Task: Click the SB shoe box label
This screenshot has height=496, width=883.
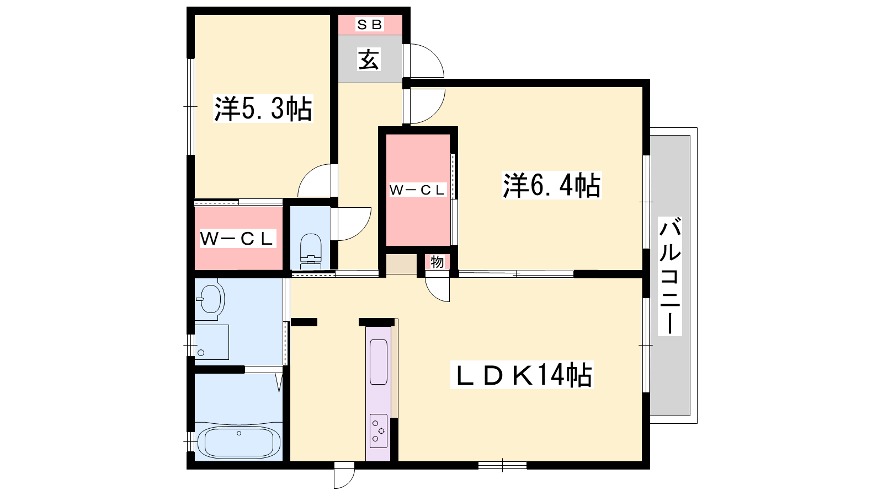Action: pos(369,25)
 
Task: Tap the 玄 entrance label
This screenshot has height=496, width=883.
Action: pos(369,60)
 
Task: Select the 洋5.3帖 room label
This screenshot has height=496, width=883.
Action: pos(263,108)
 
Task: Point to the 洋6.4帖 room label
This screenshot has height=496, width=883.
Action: pos(551,185)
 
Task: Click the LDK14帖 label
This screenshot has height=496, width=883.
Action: pos(522,375)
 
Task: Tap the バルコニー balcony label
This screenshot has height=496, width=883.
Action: pos(670,276)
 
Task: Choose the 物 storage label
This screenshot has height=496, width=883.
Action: pos(437,262)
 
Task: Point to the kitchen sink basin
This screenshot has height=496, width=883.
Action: pos(379,362)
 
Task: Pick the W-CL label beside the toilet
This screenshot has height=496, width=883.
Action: pos(237,239)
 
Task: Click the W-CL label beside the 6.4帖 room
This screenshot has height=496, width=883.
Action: pos(417,190)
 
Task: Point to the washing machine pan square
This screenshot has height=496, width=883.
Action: pos(212,342)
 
